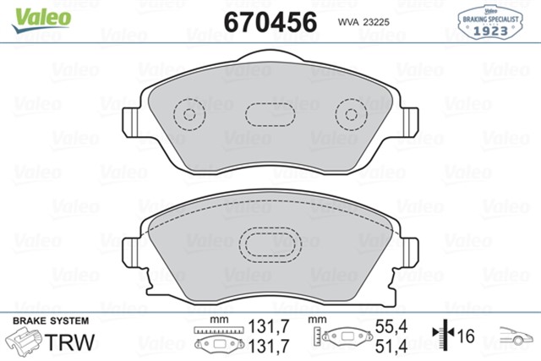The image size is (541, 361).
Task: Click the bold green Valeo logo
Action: coord(41,14)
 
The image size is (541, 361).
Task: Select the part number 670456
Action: coord(270,19)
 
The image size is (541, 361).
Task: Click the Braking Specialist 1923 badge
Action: coord(489,22)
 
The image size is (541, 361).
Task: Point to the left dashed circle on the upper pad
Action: coord(189,114)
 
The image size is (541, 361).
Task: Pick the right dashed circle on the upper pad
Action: coord(349,114)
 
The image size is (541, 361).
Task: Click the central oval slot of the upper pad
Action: coord(270,114)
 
